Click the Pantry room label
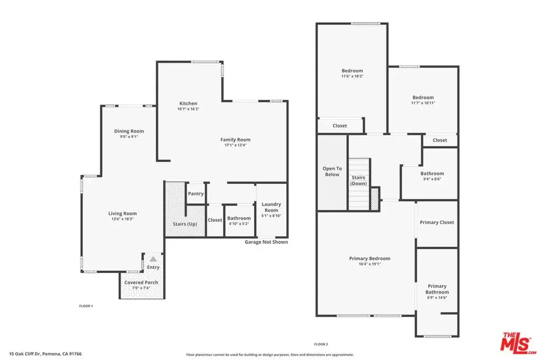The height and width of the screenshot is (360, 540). (x=196, y=193)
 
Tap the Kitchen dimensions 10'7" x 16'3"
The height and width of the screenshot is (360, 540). (x=188, y=109)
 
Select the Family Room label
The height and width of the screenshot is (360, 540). (x=236, y=139)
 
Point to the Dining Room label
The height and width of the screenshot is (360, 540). (x=129, y=131)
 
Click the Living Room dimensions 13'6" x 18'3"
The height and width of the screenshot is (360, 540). (x=122, y=219)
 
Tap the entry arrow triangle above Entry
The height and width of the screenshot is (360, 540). (x=153, y=259)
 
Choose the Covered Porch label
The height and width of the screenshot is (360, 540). (x=141, y=282)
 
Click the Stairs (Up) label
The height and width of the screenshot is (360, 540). (x=185, y=223)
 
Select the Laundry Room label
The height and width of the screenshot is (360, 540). (x=272, y=207)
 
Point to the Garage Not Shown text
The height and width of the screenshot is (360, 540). (x=266, y=242)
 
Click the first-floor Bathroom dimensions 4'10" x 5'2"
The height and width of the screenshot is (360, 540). (x=239, y=223)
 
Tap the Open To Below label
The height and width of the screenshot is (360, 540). (x=332, y=171)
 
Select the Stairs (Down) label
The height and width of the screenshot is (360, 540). (x=359, y=180)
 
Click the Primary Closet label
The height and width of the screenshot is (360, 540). (x=437, y=222)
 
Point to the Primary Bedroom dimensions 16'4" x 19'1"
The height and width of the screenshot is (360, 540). (x=370, y=264)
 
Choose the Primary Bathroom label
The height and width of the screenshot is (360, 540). (x=437, y=289)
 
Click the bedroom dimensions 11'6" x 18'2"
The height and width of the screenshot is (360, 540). (x=352, y=76)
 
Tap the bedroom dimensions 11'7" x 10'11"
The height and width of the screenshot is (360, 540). (x=423, y=103)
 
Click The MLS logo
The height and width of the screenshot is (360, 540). (x=518, y=343)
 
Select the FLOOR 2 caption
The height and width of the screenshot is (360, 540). (x=321, y=344)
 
